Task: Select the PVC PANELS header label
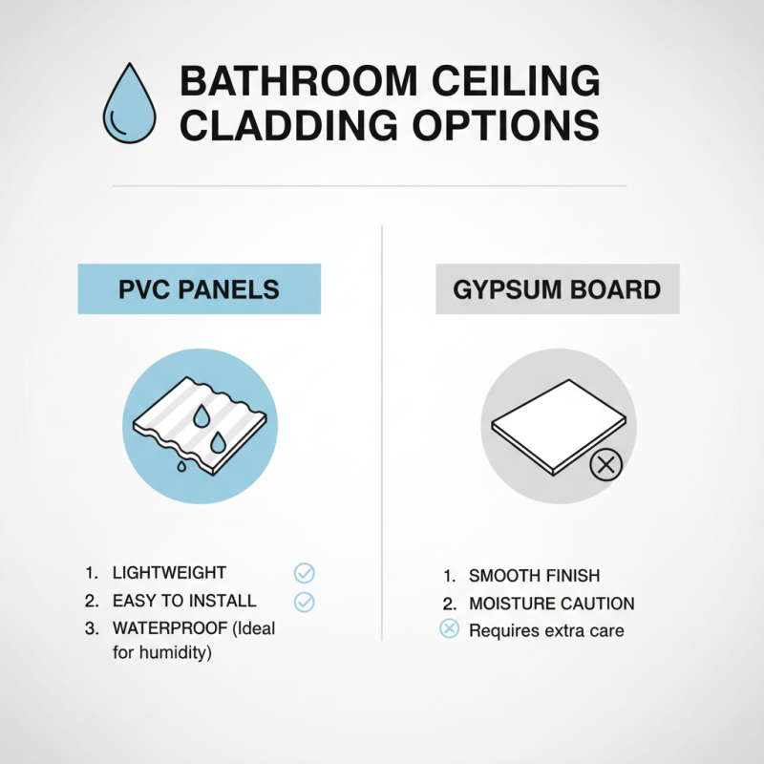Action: (199, 288)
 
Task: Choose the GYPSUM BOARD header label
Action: (558, 288)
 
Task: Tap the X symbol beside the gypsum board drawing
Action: (605, 466)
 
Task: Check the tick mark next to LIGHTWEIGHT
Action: (304, 573)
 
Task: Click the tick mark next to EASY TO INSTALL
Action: (304, 602)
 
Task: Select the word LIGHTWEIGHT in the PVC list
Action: (169, 573)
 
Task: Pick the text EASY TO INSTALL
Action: (184, 601)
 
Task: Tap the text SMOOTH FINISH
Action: (534, 576)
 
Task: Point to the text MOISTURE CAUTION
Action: (551, 604)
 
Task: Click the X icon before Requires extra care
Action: (449, 629)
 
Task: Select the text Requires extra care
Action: (546, 630)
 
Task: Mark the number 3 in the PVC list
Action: (91, 628)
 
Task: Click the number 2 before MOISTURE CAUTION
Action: (447, 604)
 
